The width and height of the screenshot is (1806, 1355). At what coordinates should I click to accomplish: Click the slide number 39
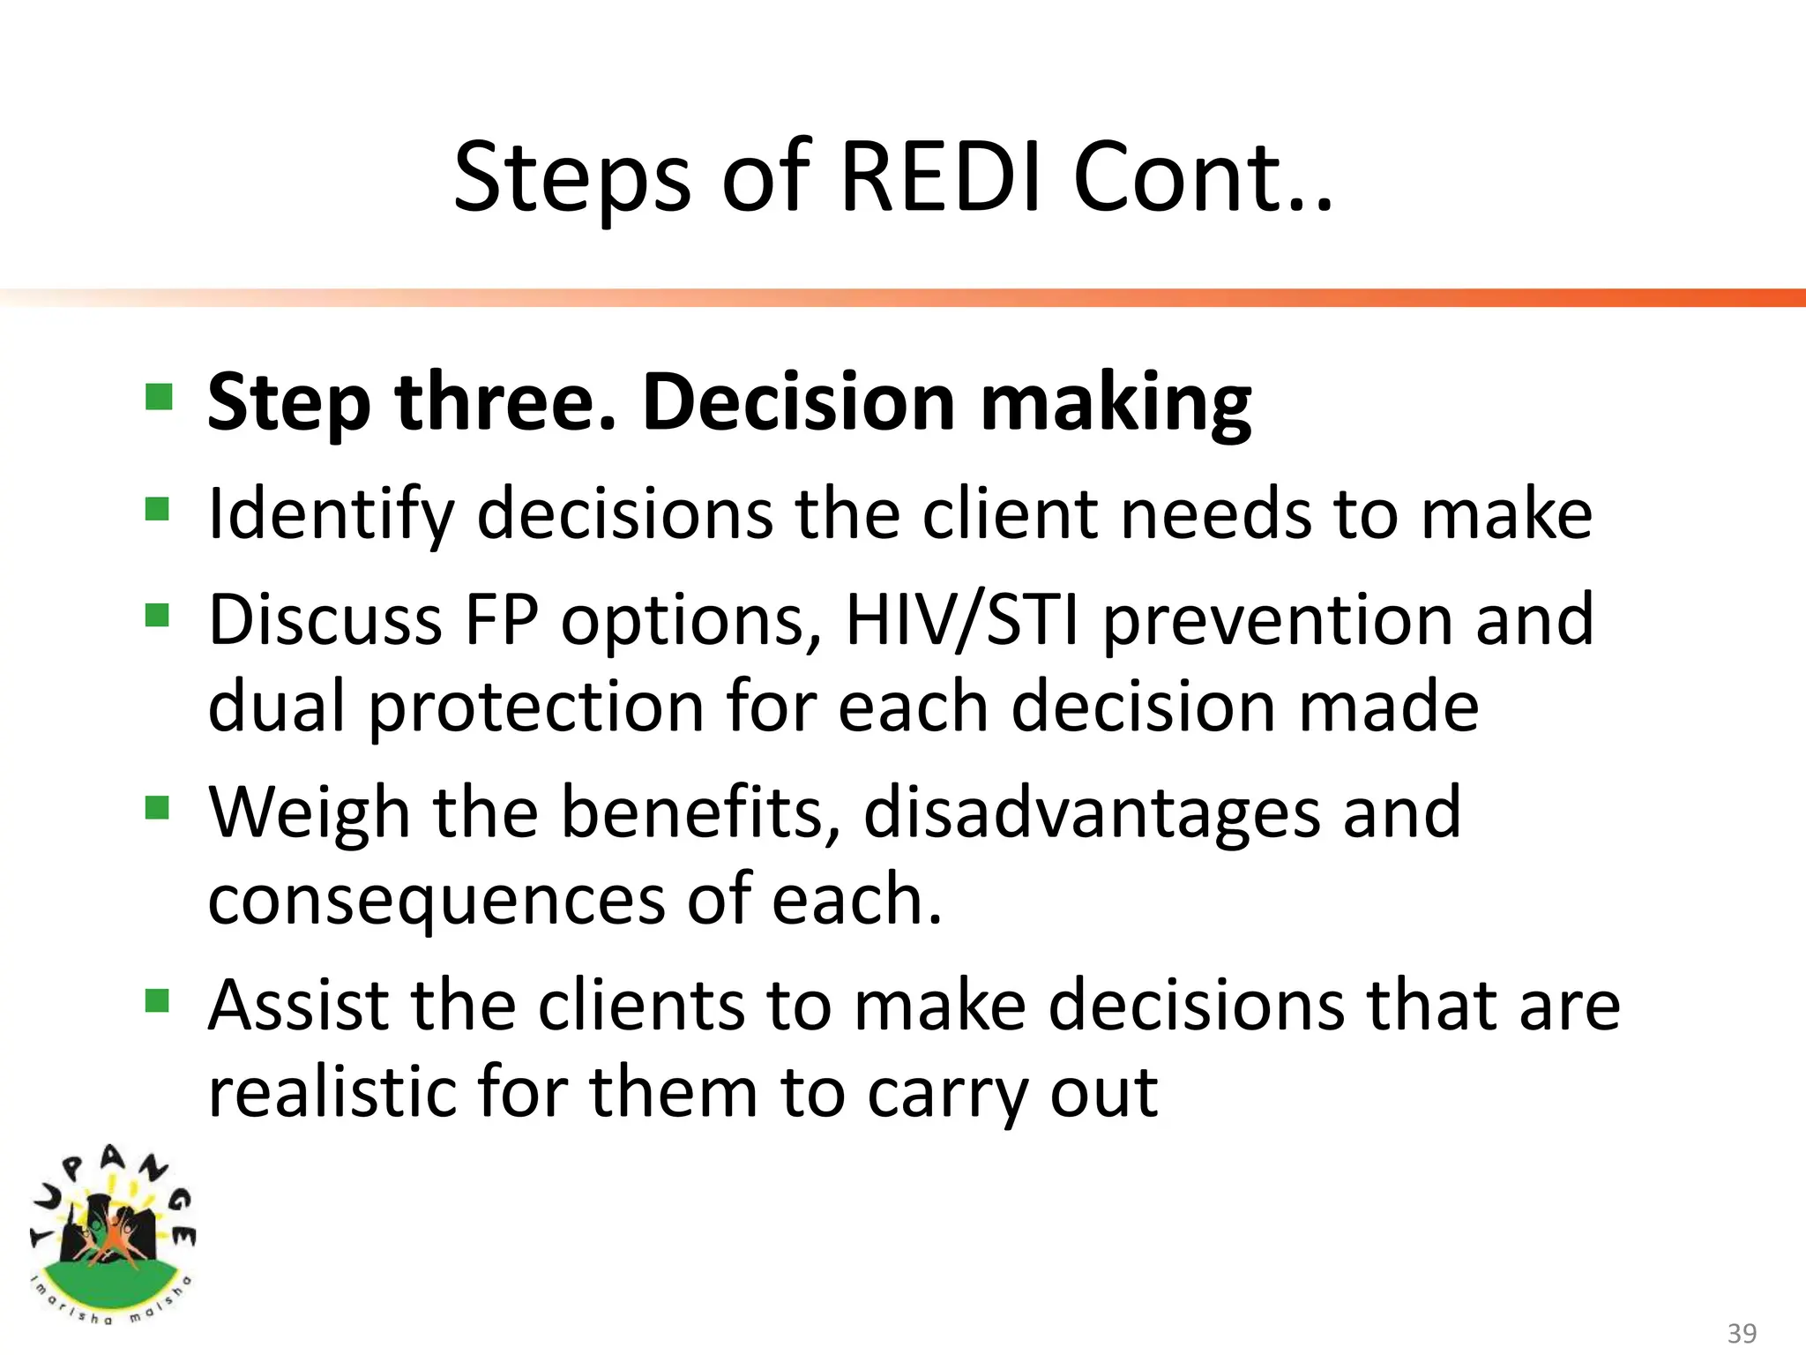click(1742, 1332)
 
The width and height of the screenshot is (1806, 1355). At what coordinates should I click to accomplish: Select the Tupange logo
click(112, 1235)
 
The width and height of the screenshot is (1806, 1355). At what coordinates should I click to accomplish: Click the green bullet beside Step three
click(159, 397)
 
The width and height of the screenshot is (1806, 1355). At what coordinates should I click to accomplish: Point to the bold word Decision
click(798, 402)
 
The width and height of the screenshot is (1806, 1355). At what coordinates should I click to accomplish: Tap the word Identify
click(330, 515)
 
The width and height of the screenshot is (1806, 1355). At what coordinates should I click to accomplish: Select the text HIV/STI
click(962, 620)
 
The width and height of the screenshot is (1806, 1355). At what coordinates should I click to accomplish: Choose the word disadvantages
click(1092, 813)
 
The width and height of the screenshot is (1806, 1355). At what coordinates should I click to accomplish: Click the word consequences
click(436, 902)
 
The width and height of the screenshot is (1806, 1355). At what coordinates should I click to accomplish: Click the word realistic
click(331, 1092)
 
